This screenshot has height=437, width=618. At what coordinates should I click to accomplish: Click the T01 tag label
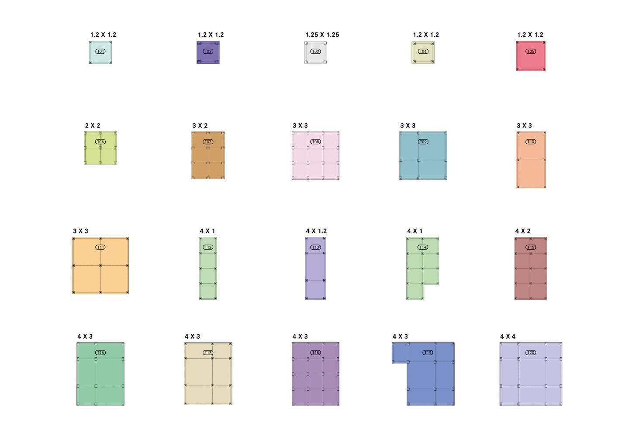point(100,52)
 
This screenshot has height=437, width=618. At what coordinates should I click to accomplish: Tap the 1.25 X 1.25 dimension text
point(322,35)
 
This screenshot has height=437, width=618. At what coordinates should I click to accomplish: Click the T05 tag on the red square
point(531,52)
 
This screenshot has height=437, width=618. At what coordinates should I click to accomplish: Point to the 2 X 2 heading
point(93,126)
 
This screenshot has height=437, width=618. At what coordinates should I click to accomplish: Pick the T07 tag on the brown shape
point(208,142)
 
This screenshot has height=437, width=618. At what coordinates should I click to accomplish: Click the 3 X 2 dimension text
point(200,126)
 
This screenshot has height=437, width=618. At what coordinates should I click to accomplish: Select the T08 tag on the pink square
point(315,142)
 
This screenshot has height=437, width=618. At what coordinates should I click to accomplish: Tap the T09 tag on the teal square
point(423,142)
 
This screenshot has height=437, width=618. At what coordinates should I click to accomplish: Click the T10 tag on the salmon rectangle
point(531,142)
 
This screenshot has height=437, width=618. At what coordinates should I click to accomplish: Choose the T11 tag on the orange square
point(100,247)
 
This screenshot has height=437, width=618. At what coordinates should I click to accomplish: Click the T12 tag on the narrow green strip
point(208,247)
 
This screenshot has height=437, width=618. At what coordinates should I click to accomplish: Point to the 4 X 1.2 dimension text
point(316,231)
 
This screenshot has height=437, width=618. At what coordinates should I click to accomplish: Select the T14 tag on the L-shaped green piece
point(423,247)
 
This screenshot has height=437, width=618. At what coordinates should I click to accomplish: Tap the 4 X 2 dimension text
point(523,231)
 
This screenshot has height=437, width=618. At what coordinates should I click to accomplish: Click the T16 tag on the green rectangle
point(100,353)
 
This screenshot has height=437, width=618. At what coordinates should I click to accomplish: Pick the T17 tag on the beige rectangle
point(208,353)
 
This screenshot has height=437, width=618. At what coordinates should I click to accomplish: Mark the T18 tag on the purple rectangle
point(315,353)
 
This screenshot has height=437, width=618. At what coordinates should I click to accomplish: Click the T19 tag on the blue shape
point(428,353)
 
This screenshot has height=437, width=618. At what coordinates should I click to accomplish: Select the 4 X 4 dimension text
point(508,336)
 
